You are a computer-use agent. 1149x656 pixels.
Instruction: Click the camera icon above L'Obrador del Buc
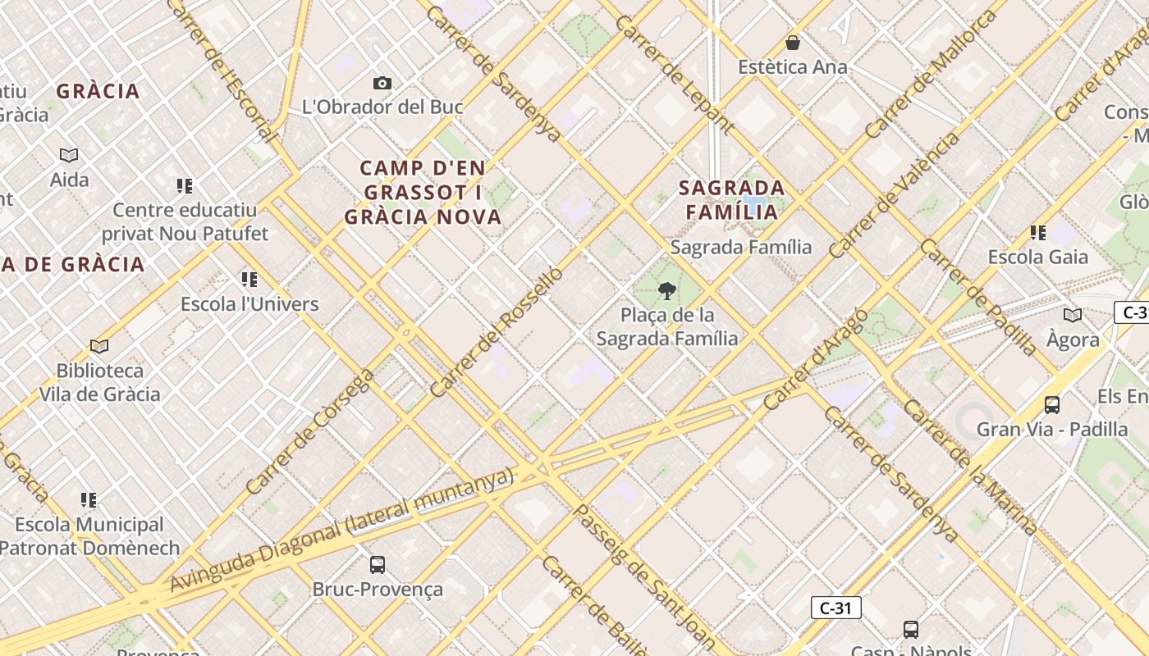382,83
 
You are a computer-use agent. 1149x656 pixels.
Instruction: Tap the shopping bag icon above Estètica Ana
793,43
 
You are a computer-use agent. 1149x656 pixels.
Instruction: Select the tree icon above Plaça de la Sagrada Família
667,290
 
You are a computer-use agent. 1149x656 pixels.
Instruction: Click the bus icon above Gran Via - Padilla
1051,404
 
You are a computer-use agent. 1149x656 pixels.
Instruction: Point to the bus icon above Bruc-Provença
378,564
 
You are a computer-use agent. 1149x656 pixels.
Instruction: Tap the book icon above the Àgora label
1072,315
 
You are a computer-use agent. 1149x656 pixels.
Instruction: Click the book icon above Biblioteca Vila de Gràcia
99,346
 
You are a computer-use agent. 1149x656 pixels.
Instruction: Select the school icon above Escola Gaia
1038,233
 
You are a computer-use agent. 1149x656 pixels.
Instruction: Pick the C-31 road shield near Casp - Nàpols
835,608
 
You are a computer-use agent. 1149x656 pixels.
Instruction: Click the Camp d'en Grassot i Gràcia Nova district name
423,193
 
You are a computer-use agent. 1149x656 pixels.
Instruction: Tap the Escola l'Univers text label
249,304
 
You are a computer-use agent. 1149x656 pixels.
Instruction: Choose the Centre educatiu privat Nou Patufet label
185,222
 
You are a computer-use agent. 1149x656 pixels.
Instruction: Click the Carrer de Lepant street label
674,74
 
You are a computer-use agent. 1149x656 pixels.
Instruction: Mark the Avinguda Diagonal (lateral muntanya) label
341,530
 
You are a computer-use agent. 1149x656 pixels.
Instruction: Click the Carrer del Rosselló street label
497,331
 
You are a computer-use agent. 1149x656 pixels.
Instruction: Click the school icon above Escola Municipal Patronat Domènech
89,500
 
